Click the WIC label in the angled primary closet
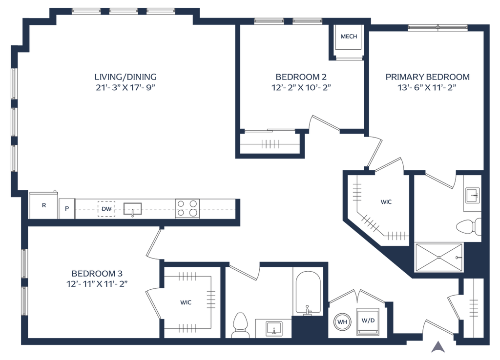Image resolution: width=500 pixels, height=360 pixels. click(x=386, y=201)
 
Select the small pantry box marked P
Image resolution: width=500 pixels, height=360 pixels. click(x=67, y=207)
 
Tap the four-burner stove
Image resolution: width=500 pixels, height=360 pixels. click(x=188, y=209)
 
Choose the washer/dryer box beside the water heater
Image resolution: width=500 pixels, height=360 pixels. click(x=369, y=321)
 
